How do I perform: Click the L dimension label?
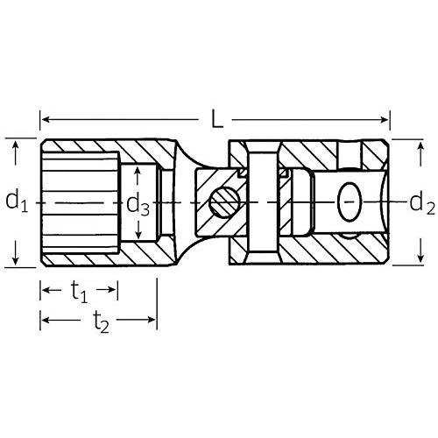coord(217,119)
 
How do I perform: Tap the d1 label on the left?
coord(17,201)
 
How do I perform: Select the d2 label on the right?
coord(422,204)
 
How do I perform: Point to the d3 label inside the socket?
coord(138,205)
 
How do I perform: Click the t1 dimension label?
coord(79,292)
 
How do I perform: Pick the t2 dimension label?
coord(101,322)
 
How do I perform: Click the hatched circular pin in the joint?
coord(225,202)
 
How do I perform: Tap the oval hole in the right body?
coord(350,202)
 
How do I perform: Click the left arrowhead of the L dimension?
coord(46,119)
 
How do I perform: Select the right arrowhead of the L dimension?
coord(384,119)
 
